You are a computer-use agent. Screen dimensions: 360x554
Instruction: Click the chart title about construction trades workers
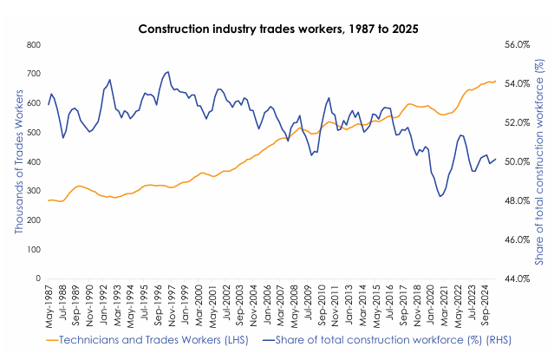278,29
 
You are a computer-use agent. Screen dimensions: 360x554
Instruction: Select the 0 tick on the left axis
39,279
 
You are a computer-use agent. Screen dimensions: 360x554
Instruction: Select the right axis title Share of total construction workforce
540,162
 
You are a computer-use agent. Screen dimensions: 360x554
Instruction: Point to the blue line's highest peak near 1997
166,72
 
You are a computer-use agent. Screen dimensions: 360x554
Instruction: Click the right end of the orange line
495,81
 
